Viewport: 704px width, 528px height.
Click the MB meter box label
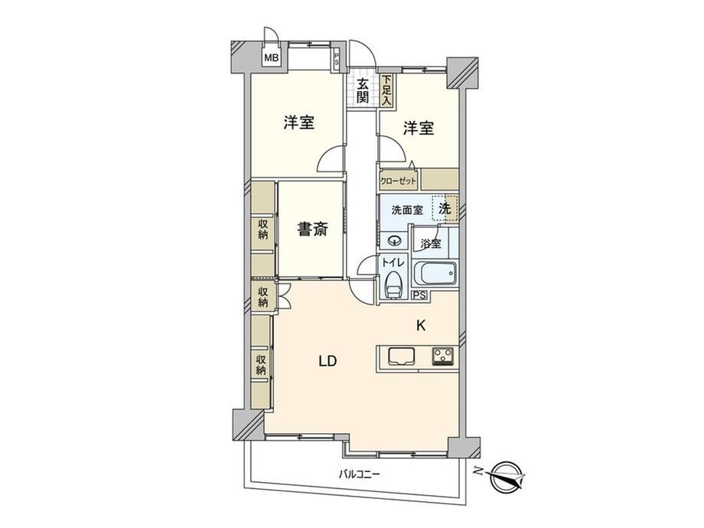point(271,57)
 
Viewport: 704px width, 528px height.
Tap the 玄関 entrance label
point(363,91)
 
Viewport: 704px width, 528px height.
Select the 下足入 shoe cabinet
point(386,91)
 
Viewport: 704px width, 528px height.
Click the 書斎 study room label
point(312,230)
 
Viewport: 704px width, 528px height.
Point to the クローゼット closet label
point(398,181)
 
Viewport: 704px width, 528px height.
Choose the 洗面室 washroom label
point(407,210)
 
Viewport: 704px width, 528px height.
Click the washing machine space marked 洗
point(445,208)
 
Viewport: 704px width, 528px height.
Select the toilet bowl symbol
point(393,285)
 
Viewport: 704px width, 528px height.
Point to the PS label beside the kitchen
point(420,295)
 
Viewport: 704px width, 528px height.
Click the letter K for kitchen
point(421,325)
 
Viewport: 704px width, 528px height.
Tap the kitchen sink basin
point(402,356)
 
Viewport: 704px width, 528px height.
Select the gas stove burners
point(444,356)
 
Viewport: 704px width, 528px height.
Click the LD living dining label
point(328,361)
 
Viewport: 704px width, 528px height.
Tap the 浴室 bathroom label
point(431,244)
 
